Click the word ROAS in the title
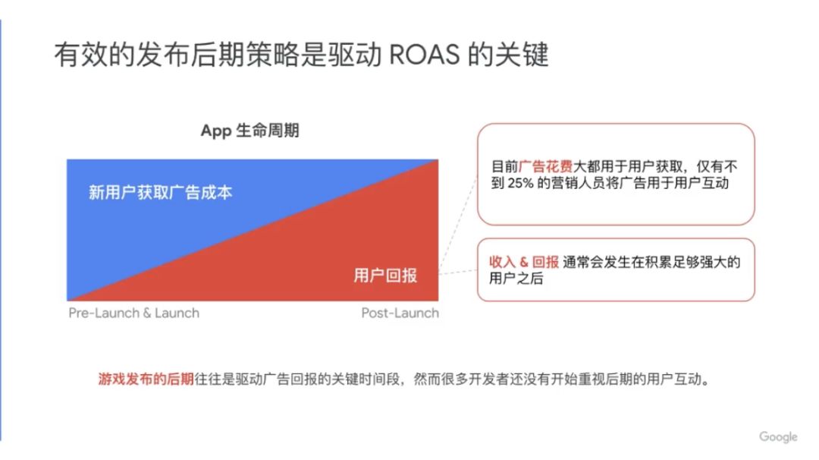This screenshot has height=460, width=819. tap(424, 55)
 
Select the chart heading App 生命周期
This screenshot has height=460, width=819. tap(249, 131)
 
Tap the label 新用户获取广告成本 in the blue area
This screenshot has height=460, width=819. tap(160, 192)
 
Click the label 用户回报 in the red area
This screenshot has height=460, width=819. tap(385, 275)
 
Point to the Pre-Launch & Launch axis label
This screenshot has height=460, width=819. tap(133, 313)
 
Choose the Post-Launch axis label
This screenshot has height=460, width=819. tap(400, 313)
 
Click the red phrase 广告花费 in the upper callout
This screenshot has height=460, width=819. tap(546, 166)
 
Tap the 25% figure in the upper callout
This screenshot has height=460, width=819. tap(520, 183)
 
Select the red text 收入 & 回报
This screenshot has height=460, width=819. tap(524, 261)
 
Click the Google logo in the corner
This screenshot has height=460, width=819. tap(778, 436)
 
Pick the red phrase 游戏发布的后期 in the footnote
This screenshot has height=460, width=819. tap(146, 379)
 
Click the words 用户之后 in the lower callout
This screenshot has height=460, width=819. tap(516, 278)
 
